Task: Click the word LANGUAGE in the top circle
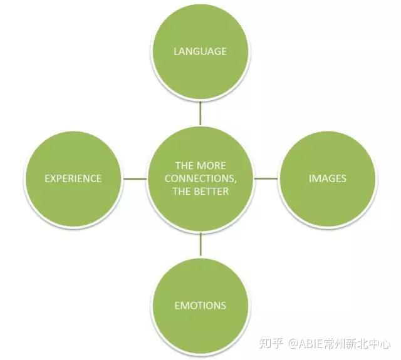[200, 51]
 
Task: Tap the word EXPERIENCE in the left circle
[73, 178]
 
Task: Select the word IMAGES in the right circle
[328, 178]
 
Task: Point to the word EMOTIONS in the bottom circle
[200, 306]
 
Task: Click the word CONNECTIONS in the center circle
[199, 178]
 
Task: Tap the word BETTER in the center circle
[210, 191]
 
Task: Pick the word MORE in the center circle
[212, 166]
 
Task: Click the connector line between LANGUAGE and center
[200, 113]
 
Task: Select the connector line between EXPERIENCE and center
[135, 178]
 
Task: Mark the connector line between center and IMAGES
[266, 178]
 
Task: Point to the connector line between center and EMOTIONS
[200, 244]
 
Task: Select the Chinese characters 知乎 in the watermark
[271, 343]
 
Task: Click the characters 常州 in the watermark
[335, 343]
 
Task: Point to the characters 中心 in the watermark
[380, 343]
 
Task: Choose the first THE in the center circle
[184, 166]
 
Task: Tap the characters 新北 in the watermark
[357, 343]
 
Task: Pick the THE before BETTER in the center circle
[180, 191]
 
